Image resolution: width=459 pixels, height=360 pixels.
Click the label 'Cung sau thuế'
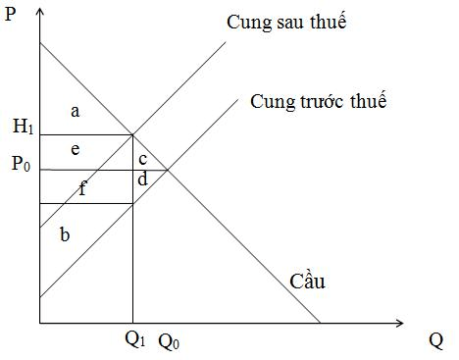[x=287, y=22]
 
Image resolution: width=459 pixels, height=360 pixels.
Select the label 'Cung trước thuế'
[x=319, y=101]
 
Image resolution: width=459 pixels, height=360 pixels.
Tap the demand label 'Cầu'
[x=307, y=283]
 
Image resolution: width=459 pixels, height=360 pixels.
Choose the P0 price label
[x=21, y=165]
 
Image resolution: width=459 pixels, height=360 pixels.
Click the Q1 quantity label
[x=133, y=341]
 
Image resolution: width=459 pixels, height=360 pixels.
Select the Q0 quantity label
[x=169, y=341]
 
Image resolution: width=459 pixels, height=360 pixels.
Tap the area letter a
[x=75, y=111]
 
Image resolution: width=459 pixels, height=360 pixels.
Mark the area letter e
[x=75, y=149]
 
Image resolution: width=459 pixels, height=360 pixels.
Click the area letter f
[x=82, y=189]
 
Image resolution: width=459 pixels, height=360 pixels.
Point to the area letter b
[x=65, y=234]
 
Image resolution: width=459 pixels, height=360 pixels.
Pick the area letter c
[x=142, y=158]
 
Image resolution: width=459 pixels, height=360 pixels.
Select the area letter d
[x=143, y=180]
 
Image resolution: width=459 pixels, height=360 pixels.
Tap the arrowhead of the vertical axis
[x=40, y=12]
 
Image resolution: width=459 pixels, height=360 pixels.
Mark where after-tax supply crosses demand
[x=133, y=135]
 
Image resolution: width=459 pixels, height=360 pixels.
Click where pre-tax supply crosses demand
[x=168, y=170]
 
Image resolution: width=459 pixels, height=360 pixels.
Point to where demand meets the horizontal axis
[x=320, y=322]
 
